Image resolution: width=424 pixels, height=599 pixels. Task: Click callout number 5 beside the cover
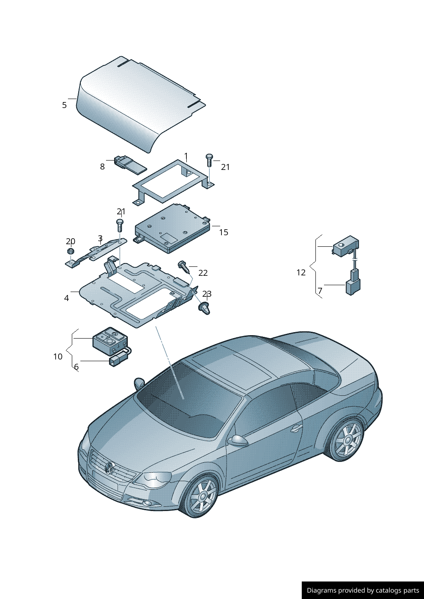pyautogui.click(x=64, y=105)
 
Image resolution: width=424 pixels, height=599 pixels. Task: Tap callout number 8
pyautogui.click(x=102, y=167)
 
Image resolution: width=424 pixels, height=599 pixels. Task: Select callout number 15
pyautogui.click(x=224, y=232)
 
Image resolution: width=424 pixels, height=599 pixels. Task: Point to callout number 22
pyautogui.click(x=203, y=273)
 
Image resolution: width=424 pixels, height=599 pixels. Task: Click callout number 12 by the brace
pyautogui.click(x=301, y=272)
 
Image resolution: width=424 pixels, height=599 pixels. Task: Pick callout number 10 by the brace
pyautogui.click(x=58, y=356)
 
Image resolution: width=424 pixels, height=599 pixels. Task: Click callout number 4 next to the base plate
pyautogui.click(x=66, y=298)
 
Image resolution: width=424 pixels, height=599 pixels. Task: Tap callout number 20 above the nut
pyautogui.click(x=71, y=242)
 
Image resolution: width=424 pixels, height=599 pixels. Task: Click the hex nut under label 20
pyautogui.click(x=71, y=251)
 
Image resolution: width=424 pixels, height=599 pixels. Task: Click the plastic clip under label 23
pyautogui.click(x=205, y=308)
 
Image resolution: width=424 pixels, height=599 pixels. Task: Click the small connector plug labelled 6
pyautogui.click(x=118, y=361)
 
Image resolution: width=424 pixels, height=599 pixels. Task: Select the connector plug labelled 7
pyautogui.click(x=353, y=287)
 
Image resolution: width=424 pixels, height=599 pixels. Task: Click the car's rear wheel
pyautogui.click(x=347, y=439)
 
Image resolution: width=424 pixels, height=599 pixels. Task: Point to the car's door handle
pyautogui.click(x=296, y=428)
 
